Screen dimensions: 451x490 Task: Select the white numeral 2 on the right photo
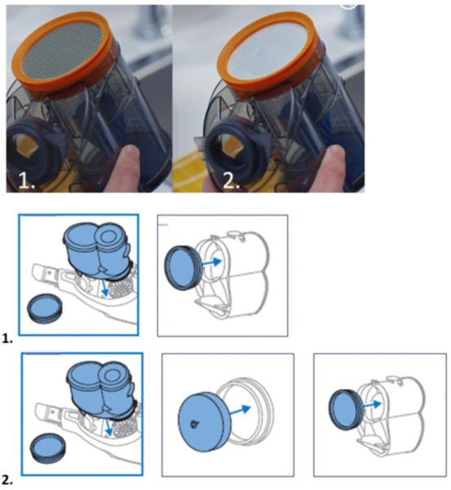[x=231, y=180]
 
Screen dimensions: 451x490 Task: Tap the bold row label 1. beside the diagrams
[x=7, y=338]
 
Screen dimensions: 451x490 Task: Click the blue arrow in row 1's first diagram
[x=104, y=287]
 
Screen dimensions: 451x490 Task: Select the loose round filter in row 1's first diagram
[x=45, y=309]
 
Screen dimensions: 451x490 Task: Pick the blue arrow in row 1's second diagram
[x=212, y=262]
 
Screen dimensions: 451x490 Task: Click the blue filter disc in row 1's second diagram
[x=182, y=268]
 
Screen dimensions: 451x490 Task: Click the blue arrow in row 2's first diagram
[x=108, y=427]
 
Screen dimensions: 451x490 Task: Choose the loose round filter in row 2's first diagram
[x=48, y=448]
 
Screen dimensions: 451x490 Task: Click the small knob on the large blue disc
[x=194, y=424]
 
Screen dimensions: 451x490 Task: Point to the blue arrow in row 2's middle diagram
[x=240, y=410]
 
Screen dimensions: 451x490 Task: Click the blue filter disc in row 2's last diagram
[x=347, y=409]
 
